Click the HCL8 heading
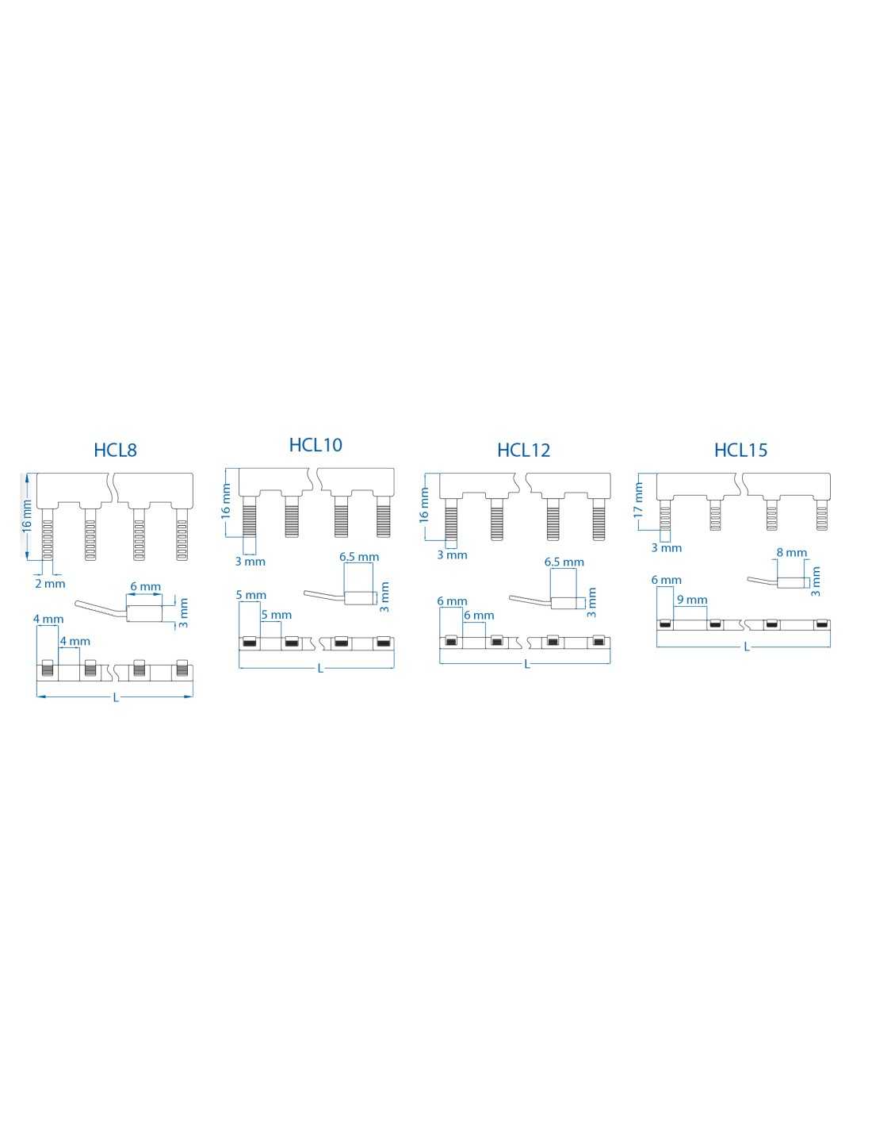tap(115, 450)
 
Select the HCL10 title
tap(316, 445)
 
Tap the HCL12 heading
tap(523, 450)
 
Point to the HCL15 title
tap(740, 450)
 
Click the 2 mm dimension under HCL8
tap(50, 584)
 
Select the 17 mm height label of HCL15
tap(638, 500)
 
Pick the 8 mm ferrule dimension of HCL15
tap(792, 553)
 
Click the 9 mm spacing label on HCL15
tap(692, 600)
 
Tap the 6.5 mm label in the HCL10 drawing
tap(359, 557)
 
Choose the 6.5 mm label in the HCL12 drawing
tap(564, 562)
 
